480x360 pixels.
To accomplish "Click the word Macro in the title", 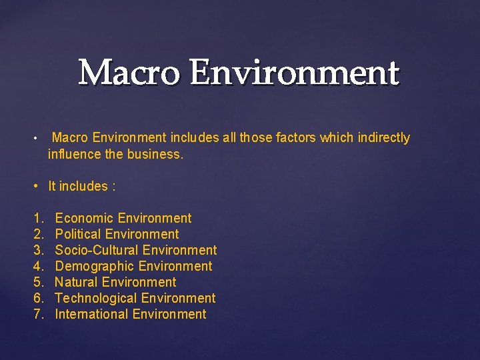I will pyautogui.click(x=127, y=73).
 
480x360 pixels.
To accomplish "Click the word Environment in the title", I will pyautogui.click(x=293, y=73).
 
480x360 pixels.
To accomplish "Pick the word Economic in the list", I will pyautogui.click(x=84, y=218).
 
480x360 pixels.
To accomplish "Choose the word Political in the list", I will pyautogui.click(x=78, y=234).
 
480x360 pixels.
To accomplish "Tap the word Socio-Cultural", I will pyautogui.click(x=97, y=250).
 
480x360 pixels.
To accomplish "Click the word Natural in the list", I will pyautogui.click(x=77, y=282).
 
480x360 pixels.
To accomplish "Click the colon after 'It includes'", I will pyautogui.click(x=114, y=187).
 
